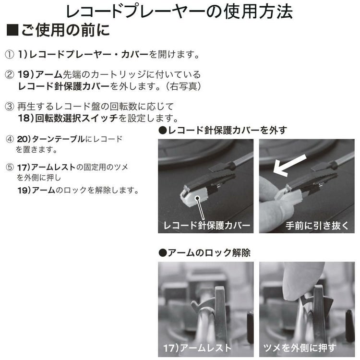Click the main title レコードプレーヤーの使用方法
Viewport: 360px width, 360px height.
180,12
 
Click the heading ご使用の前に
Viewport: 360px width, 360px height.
65,31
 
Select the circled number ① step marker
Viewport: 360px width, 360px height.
9,54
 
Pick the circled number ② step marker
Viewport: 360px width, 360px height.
9,75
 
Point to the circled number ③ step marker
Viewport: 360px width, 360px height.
9,106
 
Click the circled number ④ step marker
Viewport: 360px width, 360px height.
9,139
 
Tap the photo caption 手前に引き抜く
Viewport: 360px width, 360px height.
317,225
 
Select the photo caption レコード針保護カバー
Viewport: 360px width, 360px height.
207,225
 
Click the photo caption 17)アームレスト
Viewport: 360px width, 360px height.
197,348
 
